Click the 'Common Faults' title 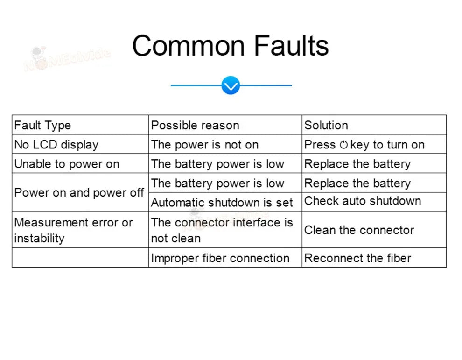[231, 46]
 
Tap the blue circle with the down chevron [231, 85]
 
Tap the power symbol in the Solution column [343, 145]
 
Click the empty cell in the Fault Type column [80, 258]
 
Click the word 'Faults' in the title [291, 46]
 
